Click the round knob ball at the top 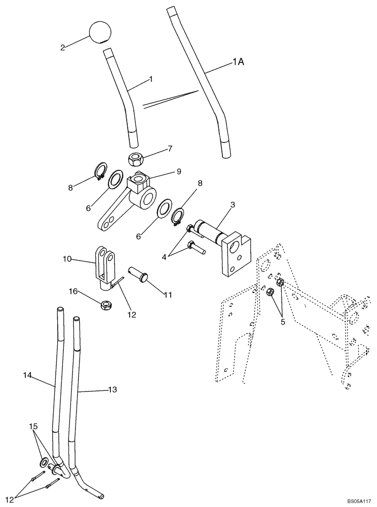100,31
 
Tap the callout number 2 62,48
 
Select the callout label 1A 239,62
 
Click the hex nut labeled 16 106,305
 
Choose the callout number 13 112,389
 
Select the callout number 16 73,291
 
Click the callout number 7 170,149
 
